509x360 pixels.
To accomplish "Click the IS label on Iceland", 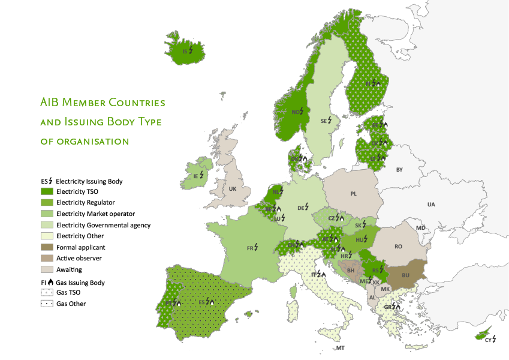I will (x=186, y=52).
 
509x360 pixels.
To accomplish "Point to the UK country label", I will (x=233, y=188).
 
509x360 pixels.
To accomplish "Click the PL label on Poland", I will (x=353, y=194).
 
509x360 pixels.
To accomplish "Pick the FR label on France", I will (x=251, y=247).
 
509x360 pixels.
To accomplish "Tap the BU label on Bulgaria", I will (x=405, y=275).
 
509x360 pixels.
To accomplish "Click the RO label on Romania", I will (x=399, y=247).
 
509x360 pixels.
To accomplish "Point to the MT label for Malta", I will (x=340, y=349).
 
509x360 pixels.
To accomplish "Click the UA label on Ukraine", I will (x=431, y=205).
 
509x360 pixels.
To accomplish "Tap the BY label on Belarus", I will (x=400, y=170).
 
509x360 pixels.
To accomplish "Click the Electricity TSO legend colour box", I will (x=47, y=191).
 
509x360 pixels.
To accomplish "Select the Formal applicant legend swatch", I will (x=47, y=247).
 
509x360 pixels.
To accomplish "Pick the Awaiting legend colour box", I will (x=47, y=269).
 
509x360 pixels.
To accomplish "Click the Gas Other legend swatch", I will (x=47, y=304).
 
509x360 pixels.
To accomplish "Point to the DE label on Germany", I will (x=302, y=208).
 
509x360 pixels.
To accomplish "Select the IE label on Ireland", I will (x=196, y=176).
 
